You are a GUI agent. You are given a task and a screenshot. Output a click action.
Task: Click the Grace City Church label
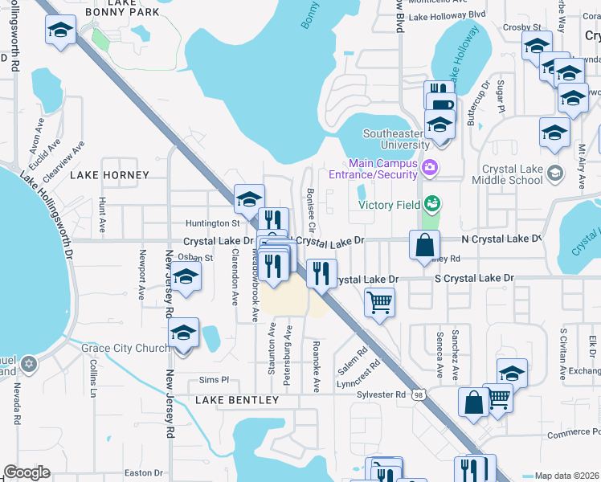125,348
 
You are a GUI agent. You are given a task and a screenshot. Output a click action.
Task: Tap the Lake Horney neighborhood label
109,175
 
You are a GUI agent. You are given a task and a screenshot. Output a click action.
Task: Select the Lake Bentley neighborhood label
236,399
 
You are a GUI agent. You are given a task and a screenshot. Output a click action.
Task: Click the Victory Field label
390,205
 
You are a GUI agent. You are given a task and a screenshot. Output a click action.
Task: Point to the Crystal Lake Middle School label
513,175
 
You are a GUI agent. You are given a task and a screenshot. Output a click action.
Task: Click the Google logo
27,472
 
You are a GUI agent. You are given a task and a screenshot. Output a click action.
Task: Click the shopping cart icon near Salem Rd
378,303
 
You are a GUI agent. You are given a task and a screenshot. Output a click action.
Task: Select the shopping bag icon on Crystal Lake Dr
424,244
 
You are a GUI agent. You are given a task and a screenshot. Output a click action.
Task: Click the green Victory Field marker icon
432,203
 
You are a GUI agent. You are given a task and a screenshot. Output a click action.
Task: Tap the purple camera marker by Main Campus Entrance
431,167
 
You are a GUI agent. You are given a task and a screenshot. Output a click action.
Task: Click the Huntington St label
214,223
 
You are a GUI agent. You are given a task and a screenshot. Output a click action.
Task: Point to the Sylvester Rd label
381,394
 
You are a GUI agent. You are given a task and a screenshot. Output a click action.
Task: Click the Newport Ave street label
141,276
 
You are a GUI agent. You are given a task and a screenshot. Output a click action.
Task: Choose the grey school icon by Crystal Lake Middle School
554,173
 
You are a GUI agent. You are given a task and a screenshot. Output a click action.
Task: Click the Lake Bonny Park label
121,9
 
